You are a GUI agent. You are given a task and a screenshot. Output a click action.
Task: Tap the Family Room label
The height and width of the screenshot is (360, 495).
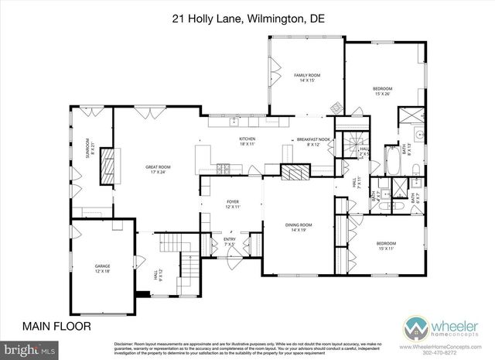[306, 77]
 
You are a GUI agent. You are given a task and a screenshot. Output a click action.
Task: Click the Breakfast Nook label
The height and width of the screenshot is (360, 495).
[313, 142]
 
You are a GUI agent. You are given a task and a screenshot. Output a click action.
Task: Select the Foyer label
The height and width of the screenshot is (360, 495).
[233, 205]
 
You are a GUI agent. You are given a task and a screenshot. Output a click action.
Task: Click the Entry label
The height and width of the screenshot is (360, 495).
[230, 242]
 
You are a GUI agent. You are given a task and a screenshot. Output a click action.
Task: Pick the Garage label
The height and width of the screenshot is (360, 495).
[102, 268]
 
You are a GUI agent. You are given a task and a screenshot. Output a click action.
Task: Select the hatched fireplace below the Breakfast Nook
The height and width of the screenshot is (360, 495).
[294, 171]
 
